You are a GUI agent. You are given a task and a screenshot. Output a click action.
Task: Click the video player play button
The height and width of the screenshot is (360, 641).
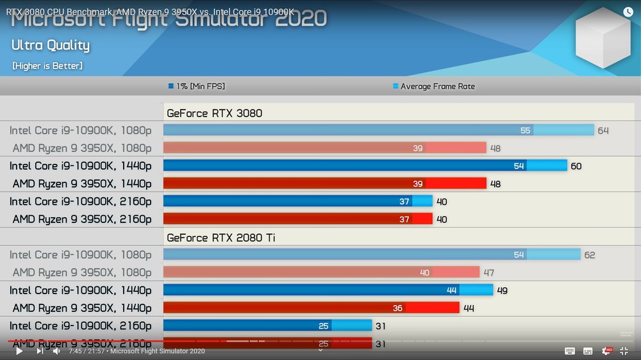(x=19, y=351)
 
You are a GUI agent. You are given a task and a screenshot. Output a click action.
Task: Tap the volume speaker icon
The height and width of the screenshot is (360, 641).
(x=56, y=351)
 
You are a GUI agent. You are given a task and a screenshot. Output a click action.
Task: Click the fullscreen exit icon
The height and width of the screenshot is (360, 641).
(x=623, y=351)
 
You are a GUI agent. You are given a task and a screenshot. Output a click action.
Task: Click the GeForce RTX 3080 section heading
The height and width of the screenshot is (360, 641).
(x=214, y=113)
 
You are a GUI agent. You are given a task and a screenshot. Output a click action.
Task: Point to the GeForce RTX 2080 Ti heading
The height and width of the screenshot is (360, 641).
(x=221, y=238)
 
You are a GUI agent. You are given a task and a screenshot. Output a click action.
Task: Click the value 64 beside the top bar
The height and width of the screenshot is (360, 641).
(x=603, y=131)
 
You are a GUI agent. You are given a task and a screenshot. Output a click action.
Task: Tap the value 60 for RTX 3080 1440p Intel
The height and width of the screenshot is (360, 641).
(x=576, y=166)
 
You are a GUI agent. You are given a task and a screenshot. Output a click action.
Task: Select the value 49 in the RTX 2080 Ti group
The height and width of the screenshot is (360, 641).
(x=502, y=291)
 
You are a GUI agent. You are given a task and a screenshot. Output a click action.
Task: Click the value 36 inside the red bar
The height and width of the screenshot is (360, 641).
(x=397, y=308)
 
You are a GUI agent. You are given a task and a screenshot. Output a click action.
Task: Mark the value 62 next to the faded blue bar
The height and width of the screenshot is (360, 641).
(x=590, y=255)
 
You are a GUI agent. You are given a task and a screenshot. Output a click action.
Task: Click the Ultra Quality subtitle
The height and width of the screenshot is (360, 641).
(x=51, y=45)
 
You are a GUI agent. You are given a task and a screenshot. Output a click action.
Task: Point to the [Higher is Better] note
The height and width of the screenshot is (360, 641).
(x=47, y=66)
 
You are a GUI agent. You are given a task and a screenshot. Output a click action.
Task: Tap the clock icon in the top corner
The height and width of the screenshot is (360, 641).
(x=628, y=12)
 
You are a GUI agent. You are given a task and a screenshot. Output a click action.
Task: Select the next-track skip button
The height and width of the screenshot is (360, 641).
(x=40, y=351)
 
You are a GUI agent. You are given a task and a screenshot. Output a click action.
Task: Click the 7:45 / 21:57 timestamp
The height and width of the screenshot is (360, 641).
(x=86, y=351)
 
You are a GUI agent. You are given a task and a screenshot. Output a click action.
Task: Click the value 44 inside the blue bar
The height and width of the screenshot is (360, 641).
(x=451, y=291)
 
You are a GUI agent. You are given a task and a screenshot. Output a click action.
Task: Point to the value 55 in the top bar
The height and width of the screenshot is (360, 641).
(x=526, y=131)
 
